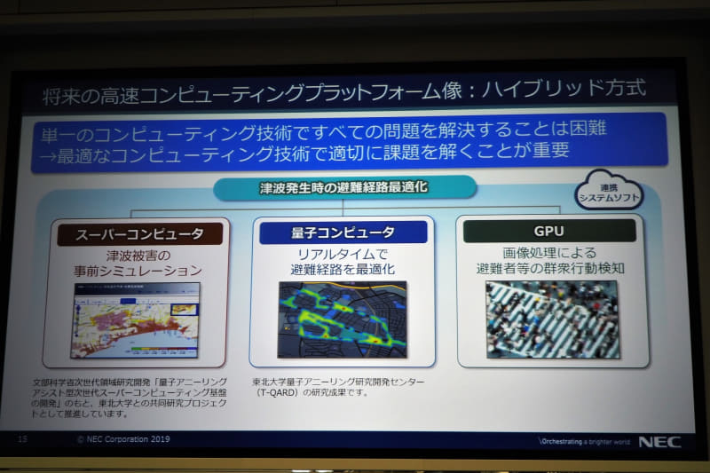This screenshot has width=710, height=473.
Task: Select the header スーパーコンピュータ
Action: click(139, 234)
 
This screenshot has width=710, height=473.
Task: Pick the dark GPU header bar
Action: click(549, 231)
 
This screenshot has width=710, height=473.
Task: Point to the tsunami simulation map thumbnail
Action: click(135, 319)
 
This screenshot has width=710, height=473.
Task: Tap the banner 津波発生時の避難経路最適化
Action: click(344, 188)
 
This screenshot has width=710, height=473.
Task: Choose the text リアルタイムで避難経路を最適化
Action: click(343, 259)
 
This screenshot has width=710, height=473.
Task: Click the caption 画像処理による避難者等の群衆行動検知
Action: click(549, 258)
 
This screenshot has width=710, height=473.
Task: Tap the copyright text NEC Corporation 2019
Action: click(123, 439)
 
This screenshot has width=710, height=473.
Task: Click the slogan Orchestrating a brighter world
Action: click(583, 441)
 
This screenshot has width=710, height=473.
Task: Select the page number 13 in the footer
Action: click(23, 438)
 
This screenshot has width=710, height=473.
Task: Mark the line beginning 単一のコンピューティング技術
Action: click(324, 130)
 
